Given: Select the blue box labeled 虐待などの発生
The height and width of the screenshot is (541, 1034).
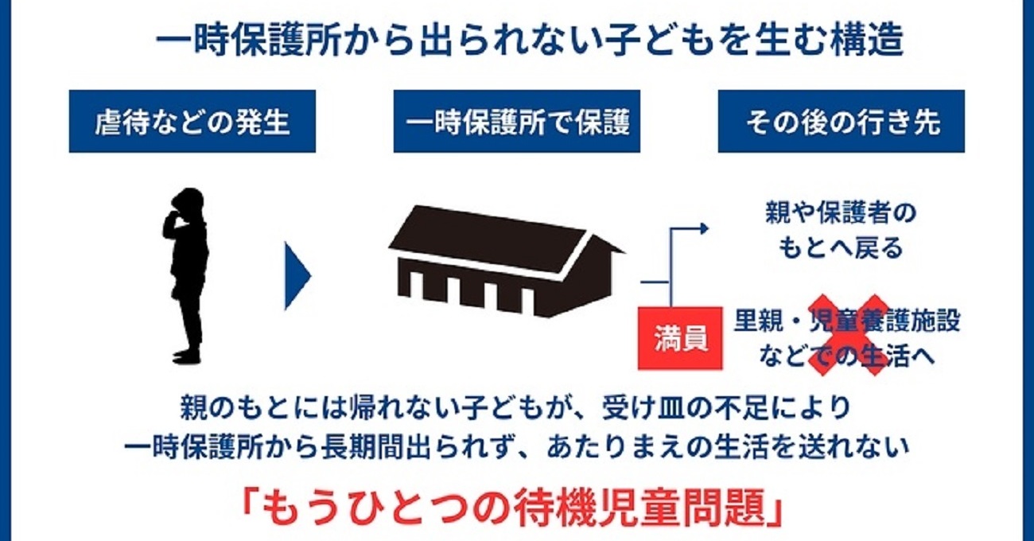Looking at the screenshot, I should coord(192,121).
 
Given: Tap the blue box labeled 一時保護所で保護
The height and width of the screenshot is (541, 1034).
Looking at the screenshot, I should coord(517,121).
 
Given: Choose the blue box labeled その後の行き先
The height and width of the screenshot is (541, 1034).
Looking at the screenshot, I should coord(842,121).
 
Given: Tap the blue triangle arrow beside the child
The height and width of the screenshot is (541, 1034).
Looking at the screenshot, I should coord(296,275).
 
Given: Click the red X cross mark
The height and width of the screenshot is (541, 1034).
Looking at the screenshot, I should coord(849,335).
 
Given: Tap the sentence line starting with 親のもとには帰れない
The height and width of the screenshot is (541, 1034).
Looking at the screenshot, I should coord(516,407).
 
